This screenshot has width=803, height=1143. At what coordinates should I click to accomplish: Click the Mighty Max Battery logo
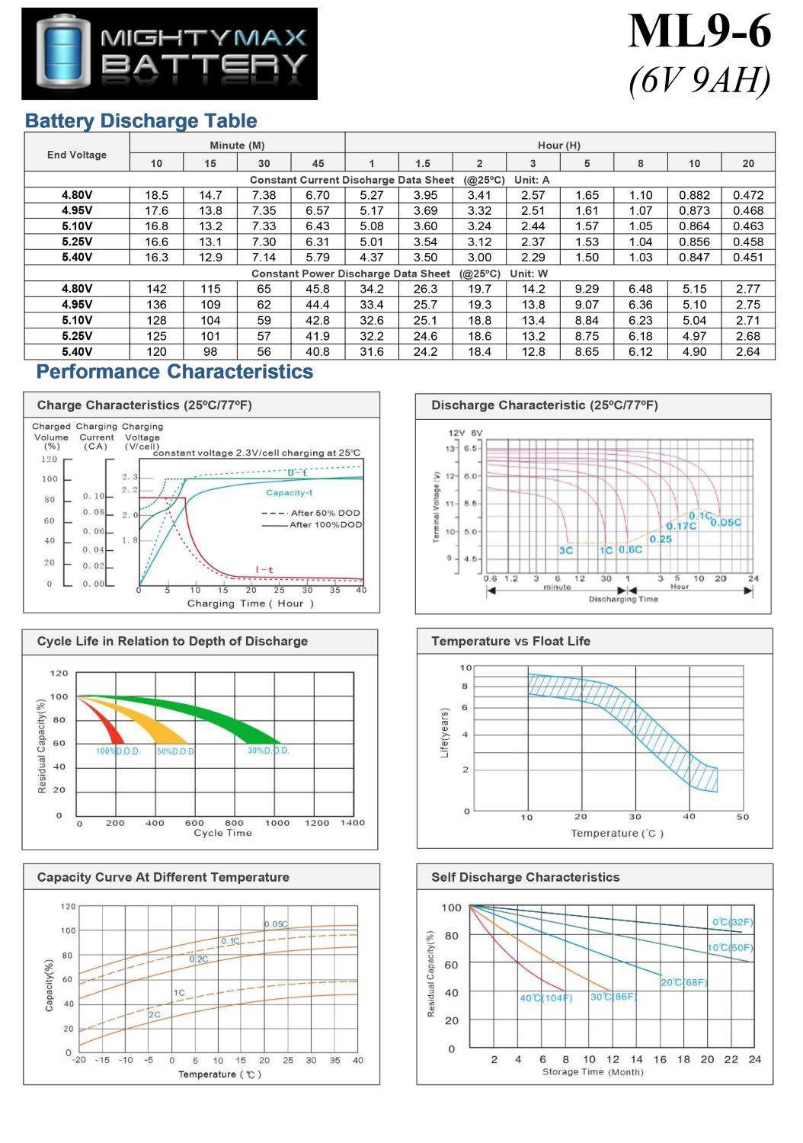click(x=169, y=53)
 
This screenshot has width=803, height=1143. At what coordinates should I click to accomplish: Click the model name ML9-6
click(x=699, y=32)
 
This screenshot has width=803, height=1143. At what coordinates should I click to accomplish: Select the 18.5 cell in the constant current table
click(x=156, y=195)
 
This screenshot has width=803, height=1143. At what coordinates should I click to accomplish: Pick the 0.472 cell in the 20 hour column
click(x=747, y=195)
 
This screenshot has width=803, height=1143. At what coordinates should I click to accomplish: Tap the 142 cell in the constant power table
click(x=156, y=289)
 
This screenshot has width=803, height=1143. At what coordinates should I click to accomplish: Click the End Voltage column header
click(x=77, y=155)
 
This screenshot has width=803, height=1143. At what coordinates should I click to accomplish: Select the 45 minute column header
click(x=318, y=163)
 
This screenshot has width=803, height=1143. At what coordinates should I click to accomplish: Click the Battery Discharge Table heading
click(x=141, y=121)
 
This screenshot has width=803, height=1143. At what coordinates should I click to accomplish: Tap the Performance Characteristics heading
click(x=174, y=372)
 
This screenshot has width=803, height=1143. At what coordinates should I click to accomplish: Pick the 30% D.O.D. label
click(x=268, y=751)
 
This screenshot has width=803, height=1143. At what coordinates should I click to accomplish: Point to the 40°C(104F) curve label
click(x=545, y=998)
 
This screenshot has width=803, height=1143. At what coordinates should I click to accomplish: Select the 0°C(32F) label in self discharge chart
click(x=732, y=922)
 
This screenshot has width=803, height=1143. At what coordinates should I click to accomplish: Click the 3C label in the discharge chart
click(x=566, y=550)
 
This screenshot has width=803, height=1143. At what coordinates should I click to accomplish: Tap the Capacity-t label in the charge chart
click(x=289, y=493)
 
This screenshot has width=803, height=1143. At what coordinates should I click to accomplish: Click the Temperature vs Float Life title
click(x=510, y=642)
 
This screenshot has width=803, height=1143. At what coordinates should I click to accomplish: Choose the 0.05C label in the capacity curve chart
click(x=276, y=924)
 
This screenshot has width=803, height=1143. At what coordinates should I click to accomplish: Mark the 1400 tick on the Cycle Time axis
click(x=352, y=823)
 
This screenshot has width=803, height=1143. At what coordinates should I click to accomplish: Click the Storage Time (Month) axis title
click(x=593, y=1072)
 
